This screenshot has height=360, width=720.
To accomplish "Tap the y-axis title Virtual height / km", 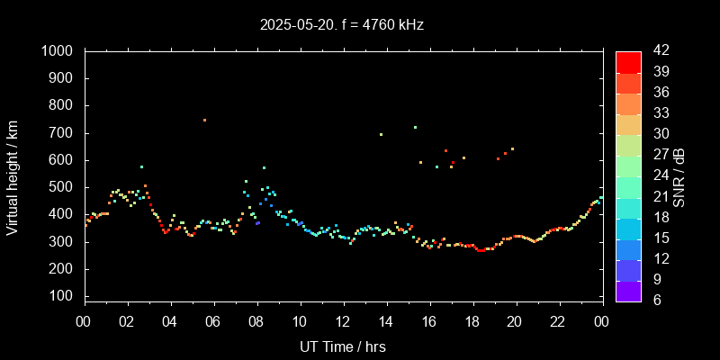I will click(x=13, y=179).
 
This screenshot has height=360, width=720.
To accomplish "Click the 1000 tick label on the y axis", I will click(x=58, y=51).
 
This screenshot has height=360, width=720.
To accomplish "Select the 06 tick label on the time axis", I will click(x=213, y=321).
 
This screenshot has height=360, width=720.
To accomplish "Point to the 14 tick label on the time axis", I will click(x=386, y=321).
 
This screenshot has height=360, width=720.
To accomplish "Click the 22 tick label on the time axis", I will click(x=559, y=321).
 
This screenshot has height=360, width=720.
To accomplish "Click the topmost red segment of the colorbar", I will click(x=628, y=61).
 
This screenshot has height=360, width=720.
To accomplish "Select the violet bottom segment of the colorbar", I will click(x=628, y=290).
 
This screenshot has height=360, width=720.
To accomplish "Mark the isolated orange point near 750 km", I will click(x=204, y=120).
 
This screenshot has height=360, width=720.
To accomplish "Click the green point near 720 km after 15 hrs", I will click(x=415, y=127).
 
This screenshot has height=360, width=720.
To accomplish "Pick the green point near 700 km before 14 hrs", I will click(x=381, y=134).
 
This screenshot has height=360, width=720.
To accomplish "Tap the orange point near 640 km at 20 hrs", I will click(x=512, y=148).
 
